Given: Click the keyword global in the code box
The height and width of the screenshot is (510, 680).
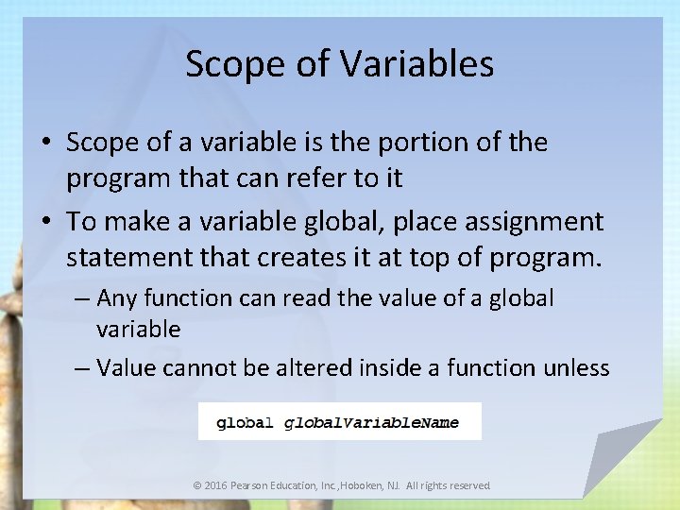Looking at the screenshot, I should [245, 423].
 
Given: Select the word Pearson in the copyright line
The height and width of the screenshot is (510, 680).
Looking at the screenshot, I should [254, 485].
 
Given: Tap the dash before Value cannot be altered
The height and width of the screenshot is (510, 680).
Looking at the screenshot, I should [82, 367].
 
